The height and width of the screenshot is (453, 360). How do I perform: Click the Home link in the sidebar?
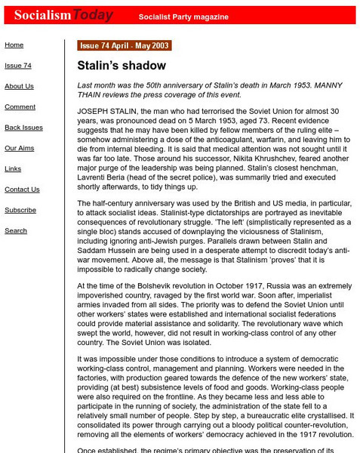14,45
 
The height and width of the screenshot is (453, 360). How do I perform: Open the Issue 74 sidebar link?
18,66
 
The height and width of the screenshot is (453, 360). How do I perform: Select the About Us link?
20,86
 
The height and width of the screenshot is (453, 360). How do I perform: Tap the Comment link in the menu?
20,107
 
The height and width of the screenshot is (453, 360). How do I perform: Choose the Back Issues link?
24,128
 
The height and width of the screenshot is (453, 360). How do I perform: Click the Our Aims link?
20,148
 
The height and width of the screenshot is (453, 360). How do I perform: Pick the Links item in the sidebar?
14,168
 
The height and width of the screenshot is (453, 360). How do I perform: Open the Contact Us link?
22,190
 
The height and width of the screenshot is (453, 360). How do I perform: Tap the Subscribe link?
20,210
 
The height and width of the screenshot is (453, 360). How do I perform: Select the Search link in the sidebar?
16,230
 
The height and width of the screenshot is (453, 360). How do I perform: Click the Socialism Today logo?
50,14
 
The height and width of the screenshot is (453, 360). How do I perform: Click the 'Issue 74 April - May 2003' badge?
124,46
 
